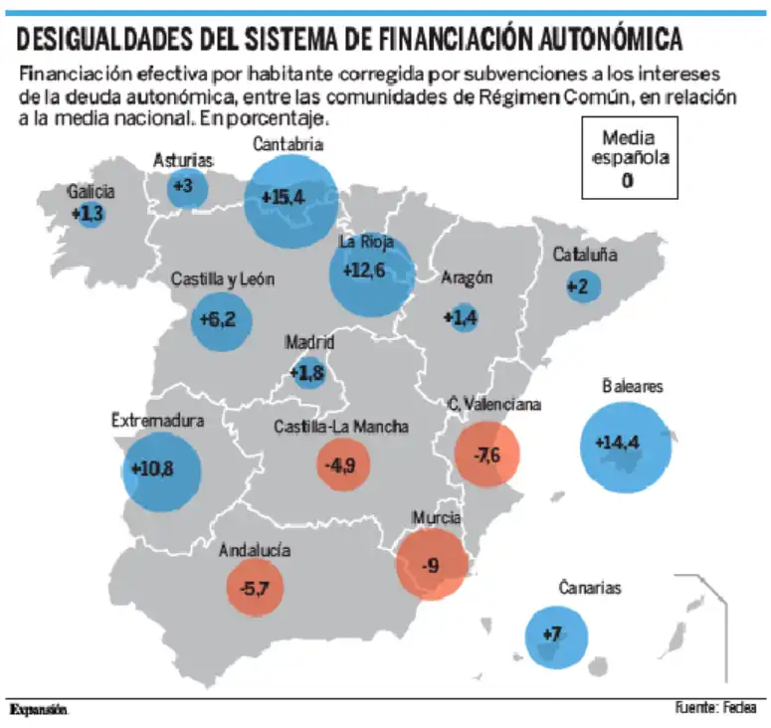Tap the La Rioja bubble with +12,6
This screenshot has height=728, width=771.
(371, 272)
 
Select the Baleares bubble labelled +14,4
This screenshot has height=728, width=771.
(625, 445)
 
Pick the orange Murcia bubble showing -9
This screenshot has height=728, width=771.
(431, 565)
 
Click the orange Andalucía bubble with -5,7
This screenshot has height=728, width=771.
(254, 588)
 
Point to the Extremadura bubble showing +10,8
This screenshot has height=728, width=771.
(161, 468)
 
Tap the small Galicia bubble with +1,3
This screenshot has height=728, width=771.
(90, 213)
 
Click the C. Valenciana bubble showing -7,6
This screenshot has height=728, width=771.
(487, 455)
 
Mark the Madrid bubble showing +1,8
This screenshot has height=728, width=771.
(308, 373)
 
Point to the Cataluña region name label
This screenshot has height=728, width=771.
(585, 255)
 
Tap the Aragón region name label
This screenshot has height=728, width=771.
(467, 278)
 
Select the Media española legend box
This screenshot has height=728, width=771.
(630, 158)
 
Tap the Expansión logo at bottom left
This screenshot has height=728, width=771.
(39, 710)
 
